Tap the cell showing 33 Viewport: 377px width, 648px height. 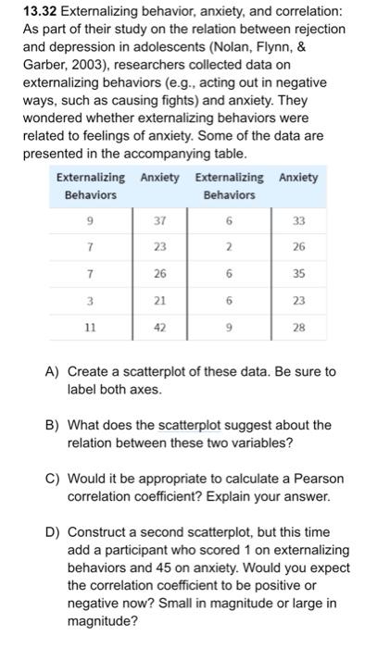point(298,221)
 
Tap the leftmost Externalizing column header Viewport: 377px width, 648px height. point(90,178)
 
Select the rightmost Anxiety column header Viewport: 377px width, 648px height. point(297,178)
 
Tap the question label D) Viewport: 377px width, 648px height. point(54,532)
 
